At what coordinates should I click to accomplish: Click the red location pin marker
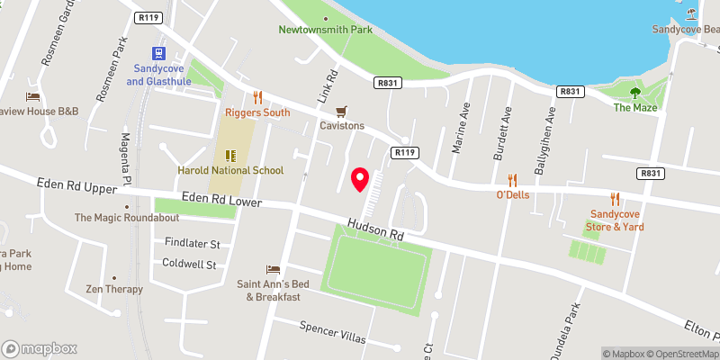point(360,180)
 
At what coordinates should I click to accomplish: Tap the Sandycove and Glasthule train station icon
point(159,54)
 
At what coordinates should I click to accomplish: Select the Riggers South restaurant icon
point(256,97)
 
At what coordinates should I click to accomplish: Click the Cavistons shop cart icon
point(341,112)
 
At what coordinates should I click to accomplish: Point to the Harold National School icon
point(229,155)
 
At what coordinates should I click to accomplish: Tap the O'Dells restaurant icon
point(512,179)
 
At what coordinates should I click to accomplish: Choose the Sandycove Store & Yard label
point(616,220)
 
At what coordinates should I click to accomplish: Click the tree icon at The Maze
point(635,92)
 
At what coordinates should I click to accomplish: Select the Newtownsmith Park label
point(325,30)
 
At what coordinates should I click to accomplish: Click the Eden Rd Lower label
point(220,200)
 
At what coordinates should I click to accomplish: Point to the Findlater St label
point(192,244)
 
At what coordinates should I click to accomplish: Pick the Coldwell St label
point(189,265)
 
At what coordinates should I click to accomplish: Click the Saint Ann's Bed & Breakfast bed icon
point(273,269)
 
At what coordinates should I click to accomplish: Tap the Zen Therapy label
point(113,289)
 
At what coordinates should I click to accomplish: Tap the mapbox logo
point(40,348)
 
